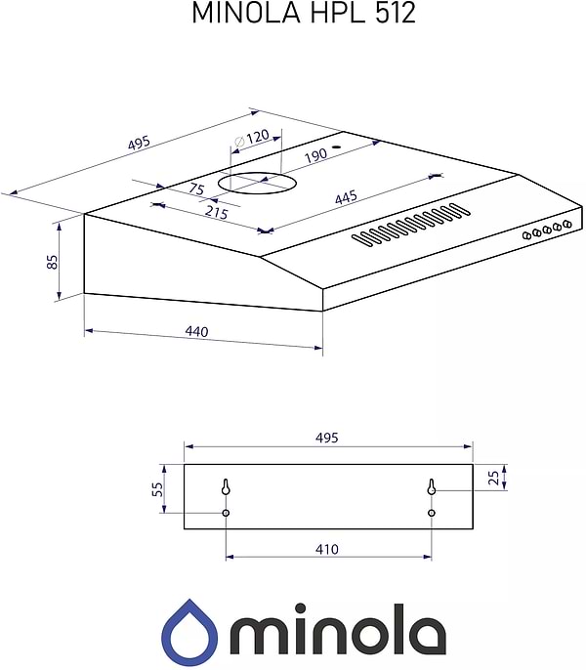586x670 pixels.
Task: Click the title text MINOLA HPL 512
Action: [304, 13]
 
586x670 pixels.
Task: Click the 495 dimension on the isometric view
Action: [140, 143]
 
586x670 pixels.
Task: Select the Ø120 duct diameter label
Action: [252, 137]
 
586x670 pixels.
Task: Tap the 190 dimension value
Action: [315, 155]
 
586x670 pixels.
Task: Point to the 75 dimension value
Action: [196, 188]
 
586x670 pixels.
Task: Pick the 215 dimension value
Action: [217, 212]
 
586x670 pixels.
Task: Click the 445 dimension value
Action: [346, 197]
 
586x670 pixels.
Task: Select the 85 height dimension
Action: [52, 262]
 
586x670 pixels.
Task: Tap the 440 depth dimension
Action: [196, 331]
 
